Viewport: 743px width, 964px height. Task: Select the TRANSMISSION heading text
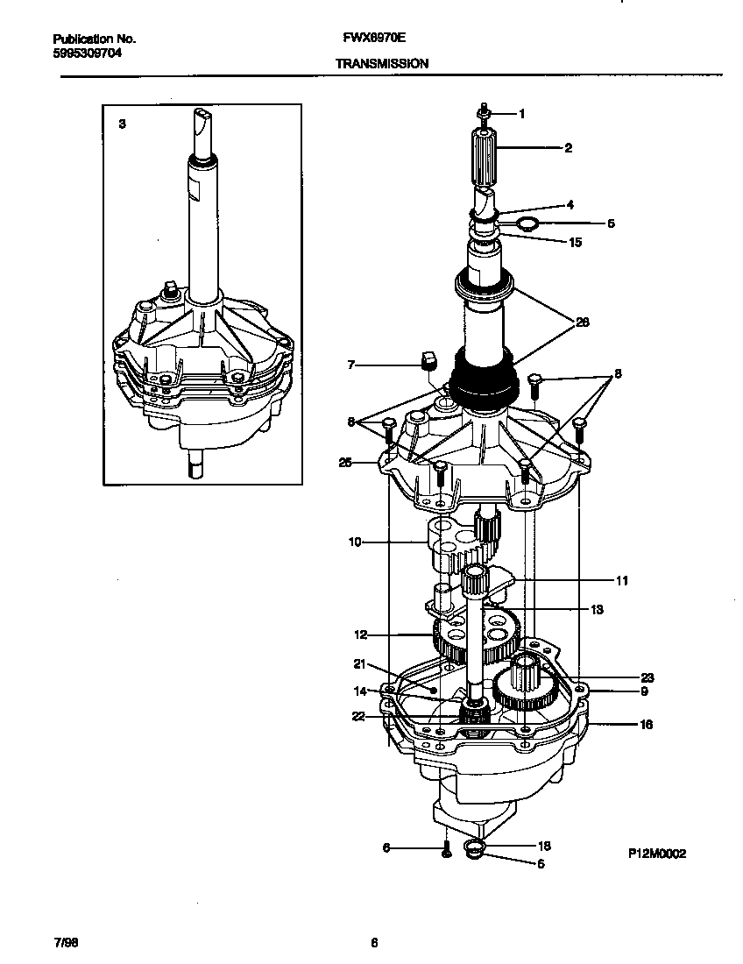[x=382, y=64]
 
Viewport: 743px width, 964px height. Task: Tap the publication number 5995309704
[x=87, y=53]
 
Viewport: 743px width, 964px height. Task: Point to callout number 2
[x=568, y=148]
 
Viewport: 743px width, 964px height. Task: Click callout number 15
[x=575, y=242]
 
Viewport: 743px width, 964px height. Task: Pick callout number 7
[x=351, y=364]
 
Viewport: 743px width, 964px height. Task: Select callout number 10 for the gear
[x=355, y=542]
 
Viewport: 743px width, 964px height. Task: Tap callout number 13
[x=597, y=609]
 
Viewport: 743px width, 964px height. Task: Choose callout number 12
[x=360, y=634]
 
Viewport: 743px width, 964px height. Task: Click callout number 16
[x=621, y=725]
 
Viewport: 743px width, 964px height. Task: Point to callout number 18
[x=543, y=846]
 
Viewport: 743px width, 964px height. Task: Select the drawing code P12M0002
[x=656, y=854]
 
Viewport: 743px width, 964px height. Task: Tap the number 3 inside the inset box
[x=122, y=124]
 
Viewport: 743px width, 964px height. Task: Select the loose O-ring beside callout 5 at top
[x=527, y=224]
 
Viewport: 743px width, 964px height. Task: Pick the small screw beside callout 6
[x=446, y=848]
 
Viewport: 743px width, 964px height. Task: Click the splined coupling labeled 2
[x=485, y=155]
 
